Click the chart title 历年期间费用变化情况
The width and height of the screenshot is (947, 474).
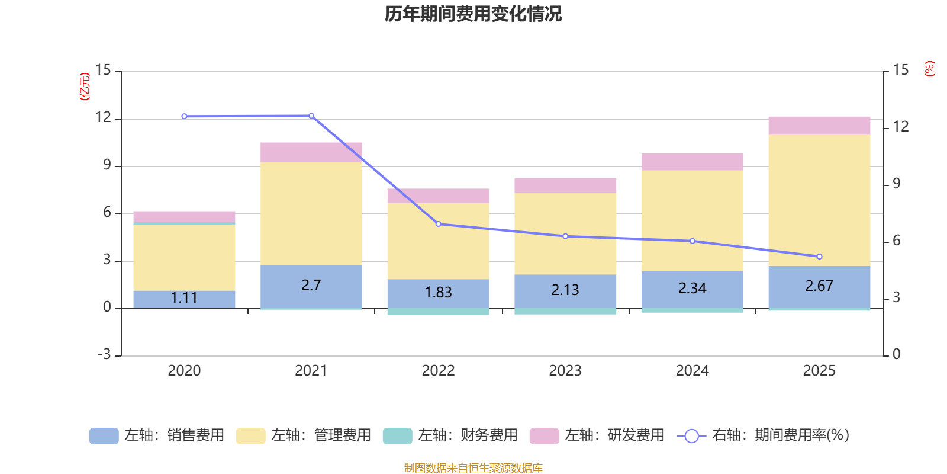click(x=473, y=14)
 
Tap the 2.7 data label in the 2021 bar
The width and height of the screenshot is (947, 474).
click(x=311, y=285)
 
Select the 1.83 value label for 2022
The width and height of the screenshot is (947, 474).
click(x=438, y=292)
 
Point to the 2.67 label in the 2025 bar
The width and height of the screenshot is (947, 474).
click(x=819, y=286)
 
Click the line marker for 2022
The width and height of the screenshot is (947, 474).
click(x=438, y=224)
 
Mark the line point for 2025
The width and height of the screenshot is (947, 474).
click(x=819, y=257)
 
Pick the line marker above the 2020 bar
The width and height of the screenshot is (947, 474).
click(x=184, y=116)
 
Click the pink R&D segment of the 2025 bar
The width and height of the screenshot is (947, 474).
click(x=819, y=126)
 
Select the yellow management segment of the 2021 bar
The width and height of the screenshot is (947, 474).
click(x=311, y=213)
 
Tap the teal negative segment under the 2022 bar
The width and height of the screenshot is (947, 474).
click(x=438, y=312)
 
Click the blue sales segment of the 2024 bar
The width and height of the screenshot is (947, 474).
click(x=692, y=289)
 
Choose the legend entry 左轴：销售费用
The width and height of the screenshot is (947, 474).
click(x=157, y=435)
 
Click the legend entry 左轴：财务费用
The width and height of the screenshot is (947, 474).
click(x=450, y=435)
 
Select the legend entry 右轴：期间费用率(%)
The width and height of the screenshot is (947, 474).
click(x=763, y=435)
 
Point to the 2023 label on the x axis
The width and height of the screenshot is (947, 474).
click(x=565, y=371)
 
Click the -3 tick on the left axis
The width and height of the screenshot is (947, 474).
click(x=105, y=354)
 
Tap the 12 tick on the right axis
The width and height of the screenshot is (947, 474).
click(x=901, y=126)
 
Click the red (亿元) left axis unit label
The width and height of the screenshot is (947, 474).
click(x=85, y=87)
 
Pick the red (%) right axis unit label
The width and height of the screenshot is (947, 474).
click(x=929, y=69)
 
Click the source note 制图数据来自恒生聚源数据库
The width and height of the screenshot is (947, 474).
click(x=473, y=468)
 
